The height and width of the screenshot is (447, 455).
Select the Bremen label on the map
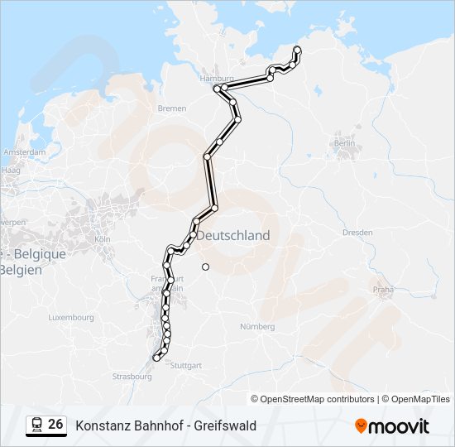click(171, 108)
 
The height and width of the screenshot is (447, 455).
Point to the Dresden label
click(357, 233)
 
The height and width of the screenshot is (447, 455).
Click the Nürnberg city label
click(256, 327)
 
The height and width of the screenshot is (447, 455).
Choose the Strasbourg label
click(132, 377)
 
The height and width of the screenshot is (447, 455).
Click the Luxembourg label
click(71, 317)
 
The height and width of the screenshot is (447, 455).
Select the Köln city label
click(103, 239)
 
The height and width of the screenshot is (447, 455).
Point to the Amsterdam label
click(24, 152)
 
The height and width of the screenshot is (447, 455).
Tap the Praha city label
click(383, 290)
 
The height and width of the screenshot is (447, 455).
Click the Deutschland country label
click(236, 236)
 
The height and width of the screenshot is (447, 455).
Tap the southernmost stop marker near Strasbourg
click(156, 358)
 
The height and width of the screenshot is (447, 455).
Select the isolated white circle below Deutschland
click(205, 267)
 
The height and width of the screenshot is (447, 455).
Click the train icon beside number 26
click(36, 425)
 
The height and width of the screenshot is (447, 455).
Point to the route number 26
click(55, 425)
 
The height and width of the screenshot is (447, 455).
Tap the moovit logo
click(392, 426)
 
